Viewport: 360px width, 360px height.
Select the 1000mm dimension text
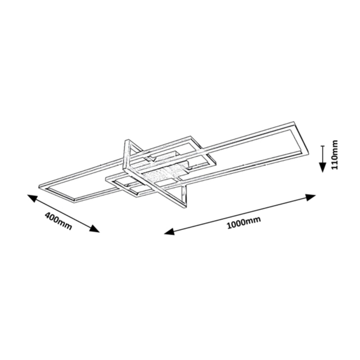[244, 223]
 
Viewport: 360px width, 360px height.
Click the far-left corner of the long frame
[39, 185]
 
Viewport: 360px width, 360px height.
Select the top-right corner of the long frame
[294, 122]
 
